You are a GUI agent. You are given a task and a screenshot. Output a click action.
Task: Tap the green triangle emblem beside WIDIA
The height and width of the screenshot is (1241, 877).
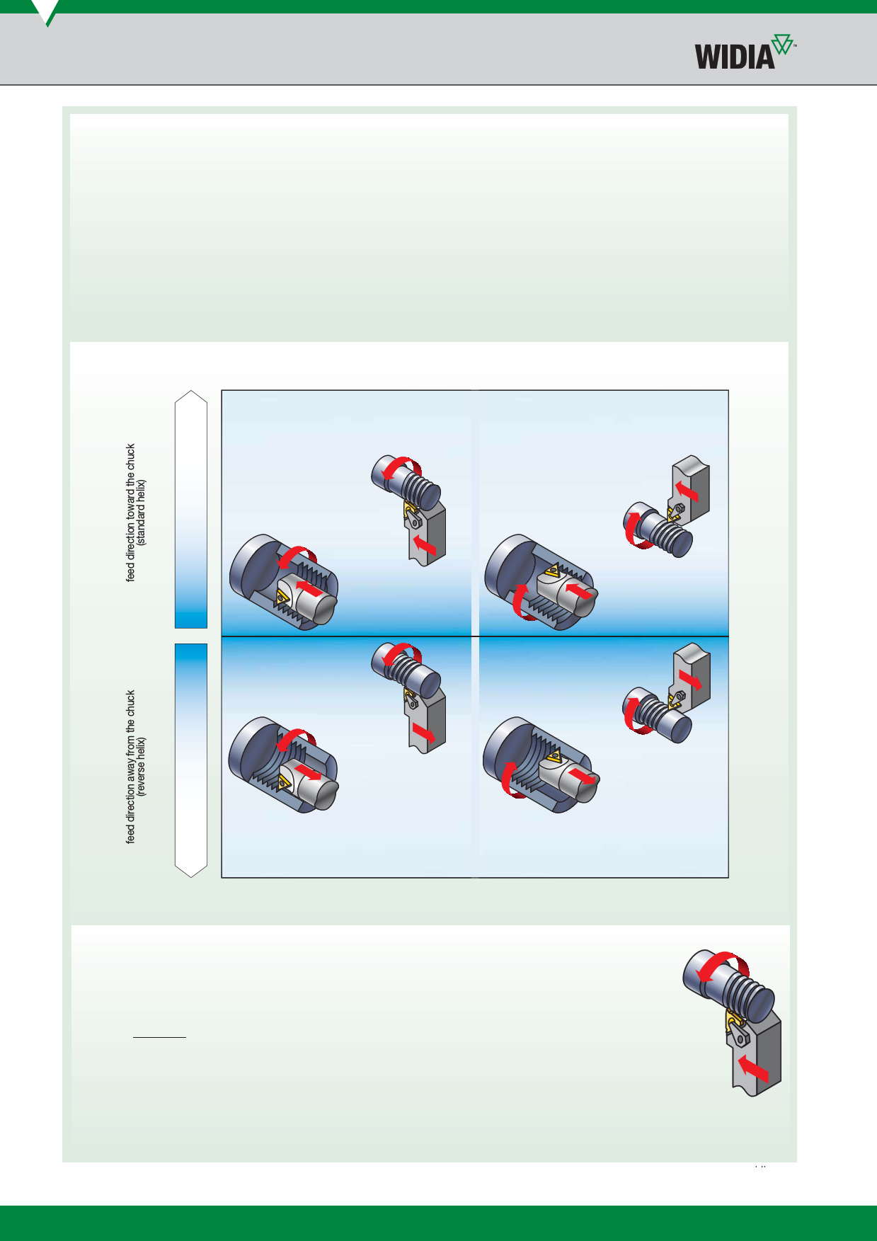pyautogui.click(x=782, y=45)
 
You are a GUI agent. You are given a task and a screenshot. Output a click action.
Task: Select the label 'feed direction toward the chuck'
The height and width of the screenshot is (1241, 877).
pyautogui.click(x=130, y=513)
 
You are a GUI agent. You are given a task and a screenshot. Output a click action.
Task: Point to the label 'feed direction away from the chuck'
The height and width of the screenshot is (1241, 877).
pyautogui.click(x=130, y=767)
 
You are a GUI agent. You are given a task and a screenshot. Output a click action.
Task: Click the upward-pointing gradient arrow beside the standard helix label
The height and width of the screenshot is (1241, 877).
pyautogui.click(x=191, y=509)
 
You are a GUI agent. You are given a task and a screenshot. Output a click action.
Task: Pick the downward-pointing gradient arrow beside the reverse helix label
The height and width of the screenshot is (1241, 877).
pyautogui.click(x=191, y=760)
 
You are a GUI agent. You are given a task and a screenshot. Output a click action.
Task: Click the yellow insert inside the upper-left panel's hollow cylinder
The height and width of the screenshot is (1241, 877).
pyautogui.click(x=282, y=597)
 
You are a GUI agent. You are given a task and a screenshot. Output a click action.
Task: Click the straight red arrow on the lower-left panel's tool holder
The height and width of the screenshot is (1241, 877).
pyautogui.click(x=423, y=733)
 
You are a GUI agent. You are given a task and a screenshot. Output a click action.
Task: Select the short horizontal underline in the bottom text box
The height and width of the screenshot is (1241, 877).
pyautogui.click(x=160, y=1037)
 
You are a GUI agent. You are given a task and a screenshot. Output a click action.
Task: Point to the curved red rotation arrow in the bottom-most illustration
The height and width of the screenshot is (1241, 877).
pyautogui.click(x=722, y=963)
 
